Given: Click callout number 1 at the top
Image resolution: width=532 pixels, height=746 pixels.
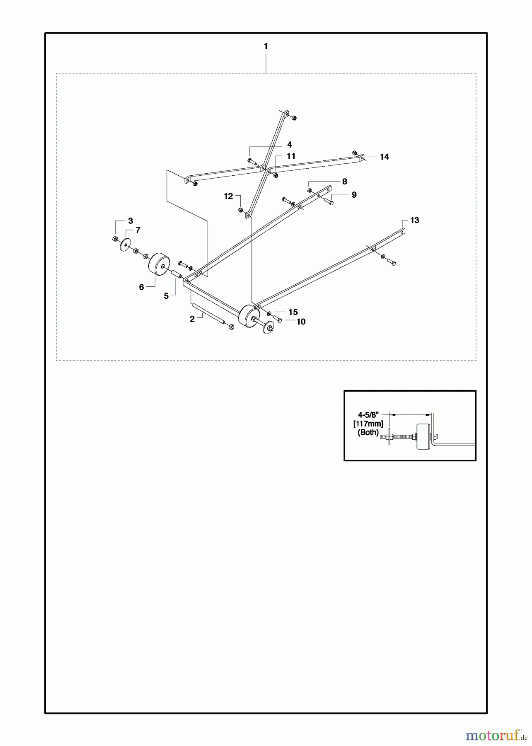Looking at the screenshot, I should (x=266, y=46).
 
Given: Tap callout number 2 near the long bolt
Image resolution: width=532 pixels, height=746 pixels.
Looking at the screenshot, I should (x=192, y=319).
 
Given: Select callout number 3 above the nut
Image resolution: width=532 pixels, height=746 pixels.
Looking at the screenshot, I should (x=130, y=220).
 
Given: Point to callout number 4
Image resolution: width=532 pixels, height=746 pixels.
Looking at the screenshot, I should (x=289, y=145).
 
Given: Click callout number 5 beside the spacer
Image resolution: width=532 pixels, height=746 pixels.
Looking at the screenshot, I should (x=167, y=296).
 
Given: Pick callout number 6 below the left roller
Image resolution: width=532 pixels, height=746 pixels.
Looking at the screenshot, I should (x=141, y=287).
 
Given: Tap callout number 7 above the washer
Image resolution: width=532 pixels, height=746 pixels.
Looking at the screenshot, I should (x=138, y=230).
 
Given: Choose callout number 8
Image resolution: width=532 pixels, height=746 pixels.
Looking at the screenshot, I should (x=344, y=182).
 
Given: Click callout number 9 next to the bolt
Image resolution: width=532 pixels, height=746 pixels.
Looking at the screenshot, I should (x=354, y=195).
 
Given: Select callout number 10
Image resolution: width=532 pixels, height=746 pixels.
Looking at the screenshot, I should (x=301, y=322).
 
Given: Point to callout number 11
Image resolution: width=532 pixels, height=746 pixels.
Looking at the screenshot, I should (x=291, y=156).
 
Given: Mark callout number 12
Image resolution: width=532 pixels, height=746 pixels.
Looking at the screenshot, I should (x=229, y=196).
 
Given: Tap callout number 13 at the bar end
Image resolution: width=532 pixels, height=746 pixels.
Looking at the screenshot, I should (x=414, y=220).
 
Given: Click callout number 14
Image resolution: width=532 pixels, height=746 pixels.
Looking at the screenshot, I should (x=384, y=157).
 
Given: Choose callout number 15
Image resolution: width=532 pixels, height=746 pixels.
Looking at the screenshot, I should (x=293, y=312).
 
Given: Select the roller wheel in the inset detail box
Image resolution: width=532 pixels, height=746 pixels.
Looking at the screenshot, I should (x=423, y=437).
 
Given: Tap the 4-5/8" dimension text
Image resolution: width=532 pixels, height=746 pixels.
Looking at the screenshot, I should (x=368, y=414).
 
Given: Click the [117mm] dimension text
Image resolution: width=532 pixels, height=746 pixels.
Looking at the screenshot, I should (x=368, y=424).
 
